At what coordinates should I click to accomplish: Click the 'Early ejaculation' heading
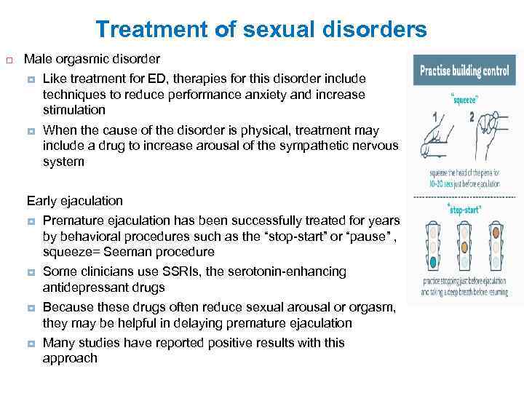(74, 200)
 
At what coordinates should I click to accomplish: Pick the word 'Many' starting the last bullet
(58, 343)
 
